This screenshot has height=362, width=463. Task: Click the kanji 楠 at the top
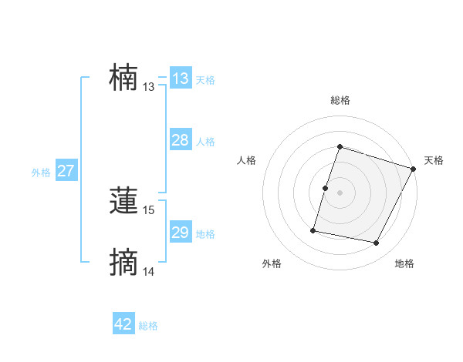[123, 79]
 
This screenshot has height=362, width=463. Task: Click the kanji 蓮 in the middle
[123, 202]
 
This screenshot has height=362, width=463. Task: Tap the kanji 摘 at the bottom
[123, 263]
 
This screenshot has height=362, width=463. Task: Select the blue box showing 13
[181, 79]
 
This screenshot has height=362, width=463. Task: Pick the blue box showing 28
[181, 140]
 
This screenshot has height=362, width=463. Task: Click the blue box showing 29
[181, 233]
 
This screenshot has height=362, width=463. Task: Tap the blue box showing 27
[66, 171]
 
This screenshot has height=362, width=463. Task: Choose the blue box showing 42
[123, 324]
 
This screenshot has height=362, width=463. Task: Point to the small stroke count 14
[149, 272]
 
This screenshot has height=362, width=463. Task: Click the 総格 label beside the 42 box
[148, 326]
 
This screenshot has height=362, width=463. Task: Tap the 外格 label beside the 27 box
[41, 173]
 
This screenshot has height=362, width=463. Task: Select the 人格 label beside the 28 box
[205, 142]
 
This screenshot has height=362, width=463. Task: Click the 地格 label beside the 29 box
[205, 234]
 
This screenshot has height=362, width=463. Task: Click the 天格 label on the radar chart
[434, 160]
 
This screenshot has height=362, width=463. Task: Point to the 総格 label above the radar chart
[340, 100]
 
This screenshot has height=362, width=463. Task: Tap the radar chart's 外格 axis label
[272, 263]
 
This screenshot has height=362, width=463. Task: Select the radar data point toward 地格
[376, 243]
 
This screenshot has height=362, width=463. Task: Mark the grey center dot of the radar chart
[340, 193]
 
